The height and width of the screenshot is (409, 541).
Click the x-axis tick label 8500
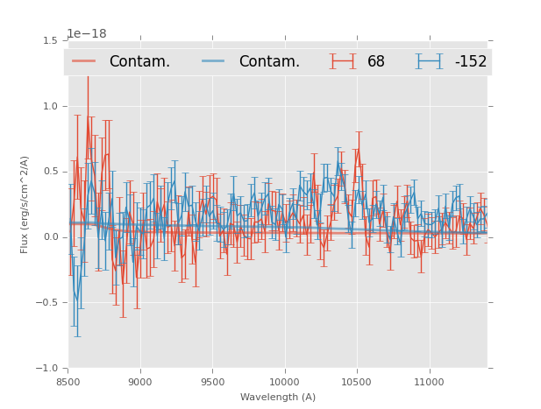pyautogui.click(x=68, y=382)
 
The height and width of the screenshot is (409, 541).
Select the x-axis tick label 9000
pyautogui.click(x=140, y=382)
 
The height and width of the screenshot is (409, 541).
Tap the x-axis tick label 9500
pyautogui.click(x=212, y=382)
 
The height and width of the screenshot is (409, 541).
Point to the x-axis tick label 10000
pyautogui.click(x=284, y=382)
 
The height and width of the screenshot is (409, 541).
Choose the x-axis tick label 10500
pyautogui.click(x=357, y=382)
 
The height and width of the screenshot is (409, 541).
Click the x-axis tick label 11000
pyautogui.click(x=429, y=382)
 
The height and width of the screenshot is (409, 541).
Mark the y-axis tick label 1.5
pyautogui.click(x=50, y=40)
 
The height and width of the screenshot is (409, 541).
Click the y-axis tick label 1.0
pyautogui.click(x=50, y=106)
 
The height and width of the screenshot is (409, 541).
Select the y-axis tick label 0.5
pyautogui.click(x=50, y=172)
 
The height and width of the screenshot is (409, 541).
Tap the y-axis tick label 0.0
pyautogui.click(x=50, y=237)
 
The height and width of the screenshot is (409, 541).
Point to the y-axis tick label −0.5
pyautogui.click(x=47, y=303)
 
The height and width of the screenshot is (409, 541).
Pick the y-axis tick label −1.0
pyautogui.click(x=47, y=369)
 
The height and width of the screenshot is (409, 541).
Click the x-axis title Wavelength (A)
pyautogui.click(x=278, y=397)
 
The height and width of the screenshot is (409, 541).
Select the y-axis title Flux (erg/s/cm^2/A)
pyautogui.click(x=25, y=204)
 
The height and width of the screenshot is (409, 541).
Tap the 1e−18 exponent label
pyautogui.click(x=87, y=34)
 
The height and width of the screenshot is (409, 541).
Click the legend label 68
pyautogui.click(x=376, y=62)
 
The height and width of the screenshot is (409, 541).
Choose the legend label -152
pyautogui.click(x=470, y=62)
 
